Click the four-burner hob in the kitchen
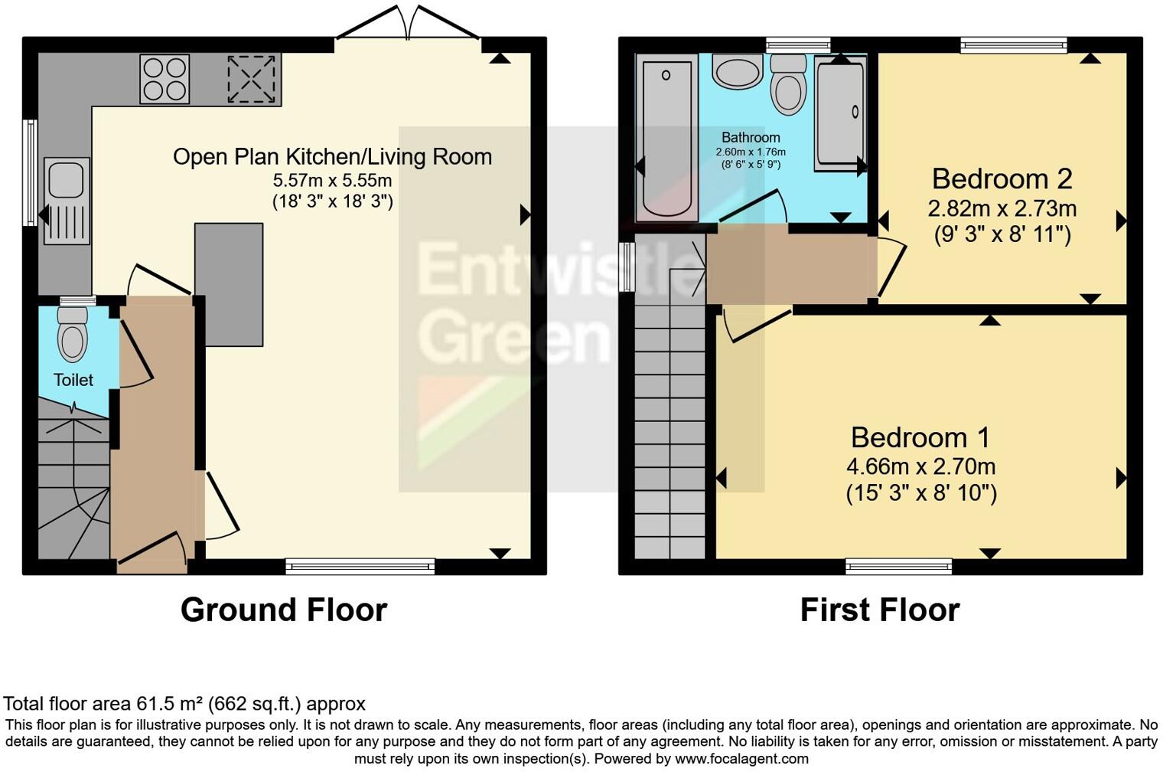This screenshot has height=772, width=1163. coord(165,79)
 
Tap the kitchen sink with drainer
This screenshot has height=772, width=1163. coord(67,201)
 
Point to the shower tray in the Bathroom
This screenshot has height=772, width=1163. coord(839,113)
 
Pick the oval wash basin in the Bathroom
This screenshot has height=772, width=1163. coord(737,71)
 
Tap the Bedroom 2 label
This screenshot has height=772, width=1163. coord(1002,178)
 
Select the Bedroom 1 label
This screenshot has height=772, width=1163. coord(920,437)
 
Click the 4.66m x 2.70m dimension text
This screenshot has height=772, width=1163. coord(920,466)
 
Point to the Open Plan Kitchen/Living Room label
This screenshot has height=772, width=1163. coord(332,156)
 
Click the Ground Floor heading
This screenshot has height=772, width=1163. coord(283,610)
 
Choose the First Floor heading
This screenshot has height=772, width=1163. coord(879,610)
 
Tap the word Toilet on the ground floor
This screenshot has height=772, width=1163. coord(73,380)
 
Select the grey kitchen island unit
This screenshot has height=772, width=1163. coord(229,284)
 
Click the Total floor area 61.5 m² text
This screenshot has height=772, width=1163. coord(184,703)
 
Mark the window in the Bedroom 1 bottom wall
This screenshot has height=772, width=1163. coord(898,566)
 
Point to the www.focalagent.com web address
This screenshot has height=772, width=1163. coord(741,758)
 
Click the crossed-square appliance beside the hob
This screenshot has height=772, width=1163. coord(251,79)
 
